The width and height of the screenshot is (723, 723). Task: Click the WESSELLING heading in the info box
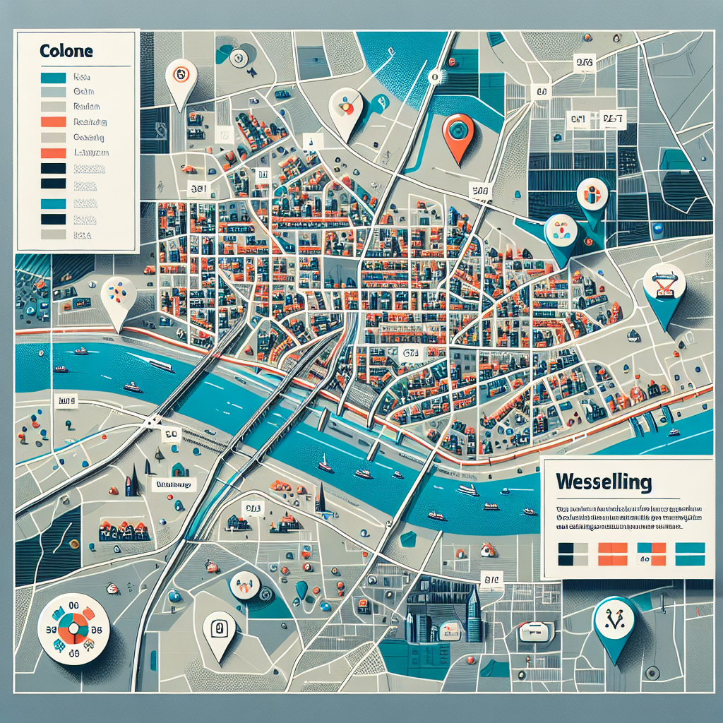pyautogui.click(x=603, y=482)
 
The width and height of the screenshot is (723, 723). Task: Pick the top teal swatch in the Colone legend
pyautogui.click(x=54, y=78)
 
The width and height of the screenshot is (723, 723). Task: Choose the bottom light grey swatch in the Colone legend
pyautogui.click(x=54, y=235)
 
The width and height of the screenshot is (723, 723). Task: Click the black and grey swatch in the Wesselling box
pyautogui.click(x=571, y=554)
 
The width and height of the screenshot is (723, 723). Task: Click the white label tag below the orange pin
pyautogui.click(x=480, y=190)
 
